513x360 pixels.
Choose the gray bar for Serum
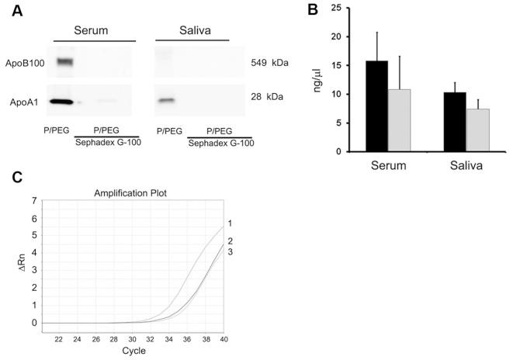[400, 120]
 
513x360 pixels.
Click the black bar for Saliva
[454, 122]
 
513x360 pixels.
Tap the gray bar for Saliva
[477, 130]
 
